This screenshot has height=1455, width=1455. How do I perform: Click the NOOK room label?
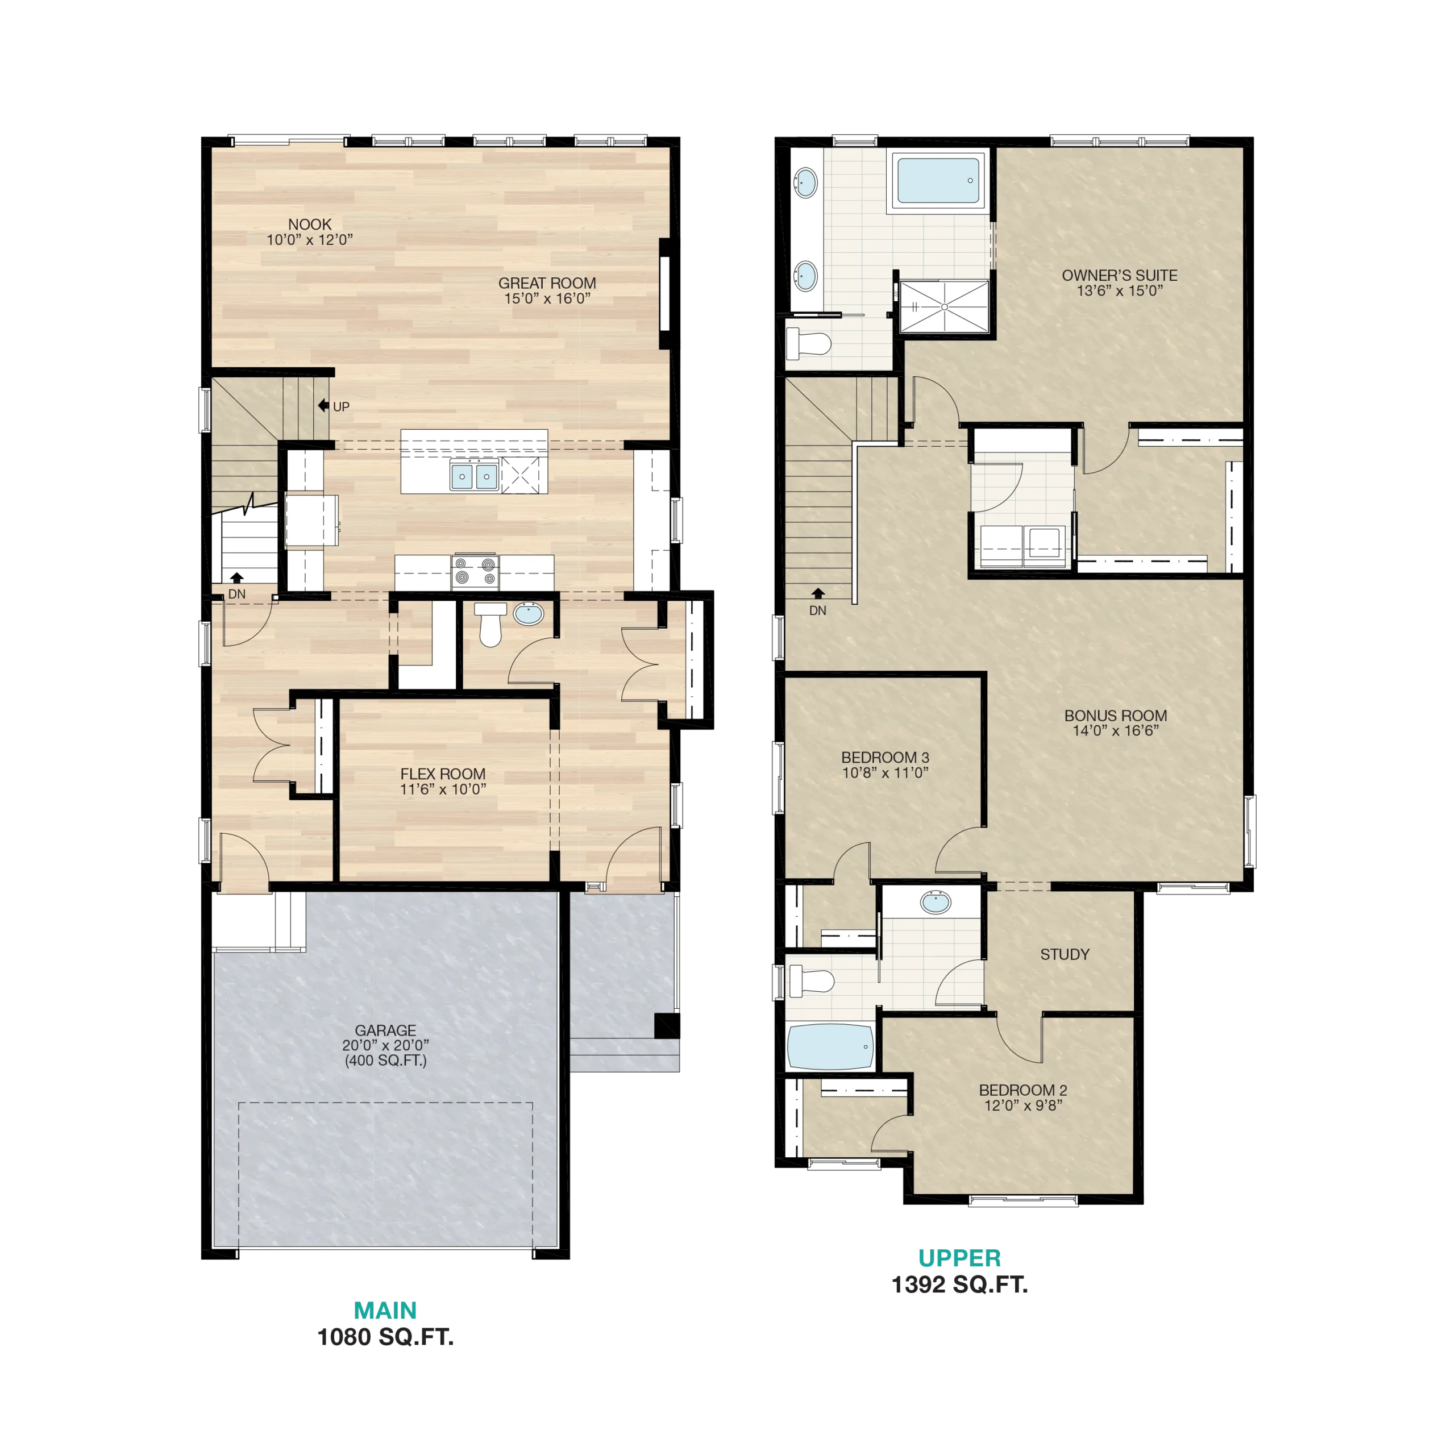(310, 225)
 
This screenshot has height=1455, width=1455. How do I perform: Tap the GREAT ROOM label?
(547, 283)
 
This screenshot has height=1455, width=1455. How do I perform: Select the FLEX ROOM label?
(443, 774)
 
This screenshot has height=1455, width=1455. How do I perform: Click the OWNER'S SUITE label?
(1119, 276)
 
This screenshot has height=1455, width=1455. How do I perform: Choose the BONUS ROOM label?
(1115, 716)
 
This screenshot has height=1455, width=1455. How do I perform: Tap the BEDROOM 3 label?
(885, 757)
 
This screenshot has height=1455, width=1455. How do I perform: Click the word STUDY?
(1065, 954)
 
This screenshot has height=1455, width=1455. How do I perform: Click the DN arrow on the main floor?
(237, 577)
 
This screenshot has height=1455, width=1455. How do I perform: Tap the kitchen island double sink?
(473, 476)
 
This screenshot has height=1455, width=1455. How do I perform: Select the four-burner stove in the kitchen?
(475, 572)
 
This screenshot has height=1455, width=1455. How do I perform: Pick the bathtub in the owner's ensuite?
(938, 179)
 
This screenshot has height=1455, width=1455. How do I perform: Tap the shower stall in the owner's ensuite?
(945, 306)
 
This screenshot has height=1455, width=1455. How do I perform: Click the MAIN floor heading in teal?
(385, 1311)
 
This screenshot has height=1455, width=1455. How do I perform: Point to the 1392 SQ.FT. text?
(959, 1284)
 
